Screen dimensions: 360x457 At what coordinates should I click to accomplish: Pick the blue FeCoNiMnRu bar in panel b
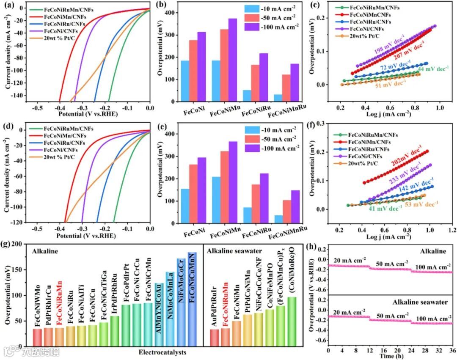pyautogui.click(x=278, y=98)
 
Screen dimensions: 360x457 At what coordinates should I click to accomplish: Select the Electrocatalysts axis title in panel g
pyautogui.click(x=163, y=352)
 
